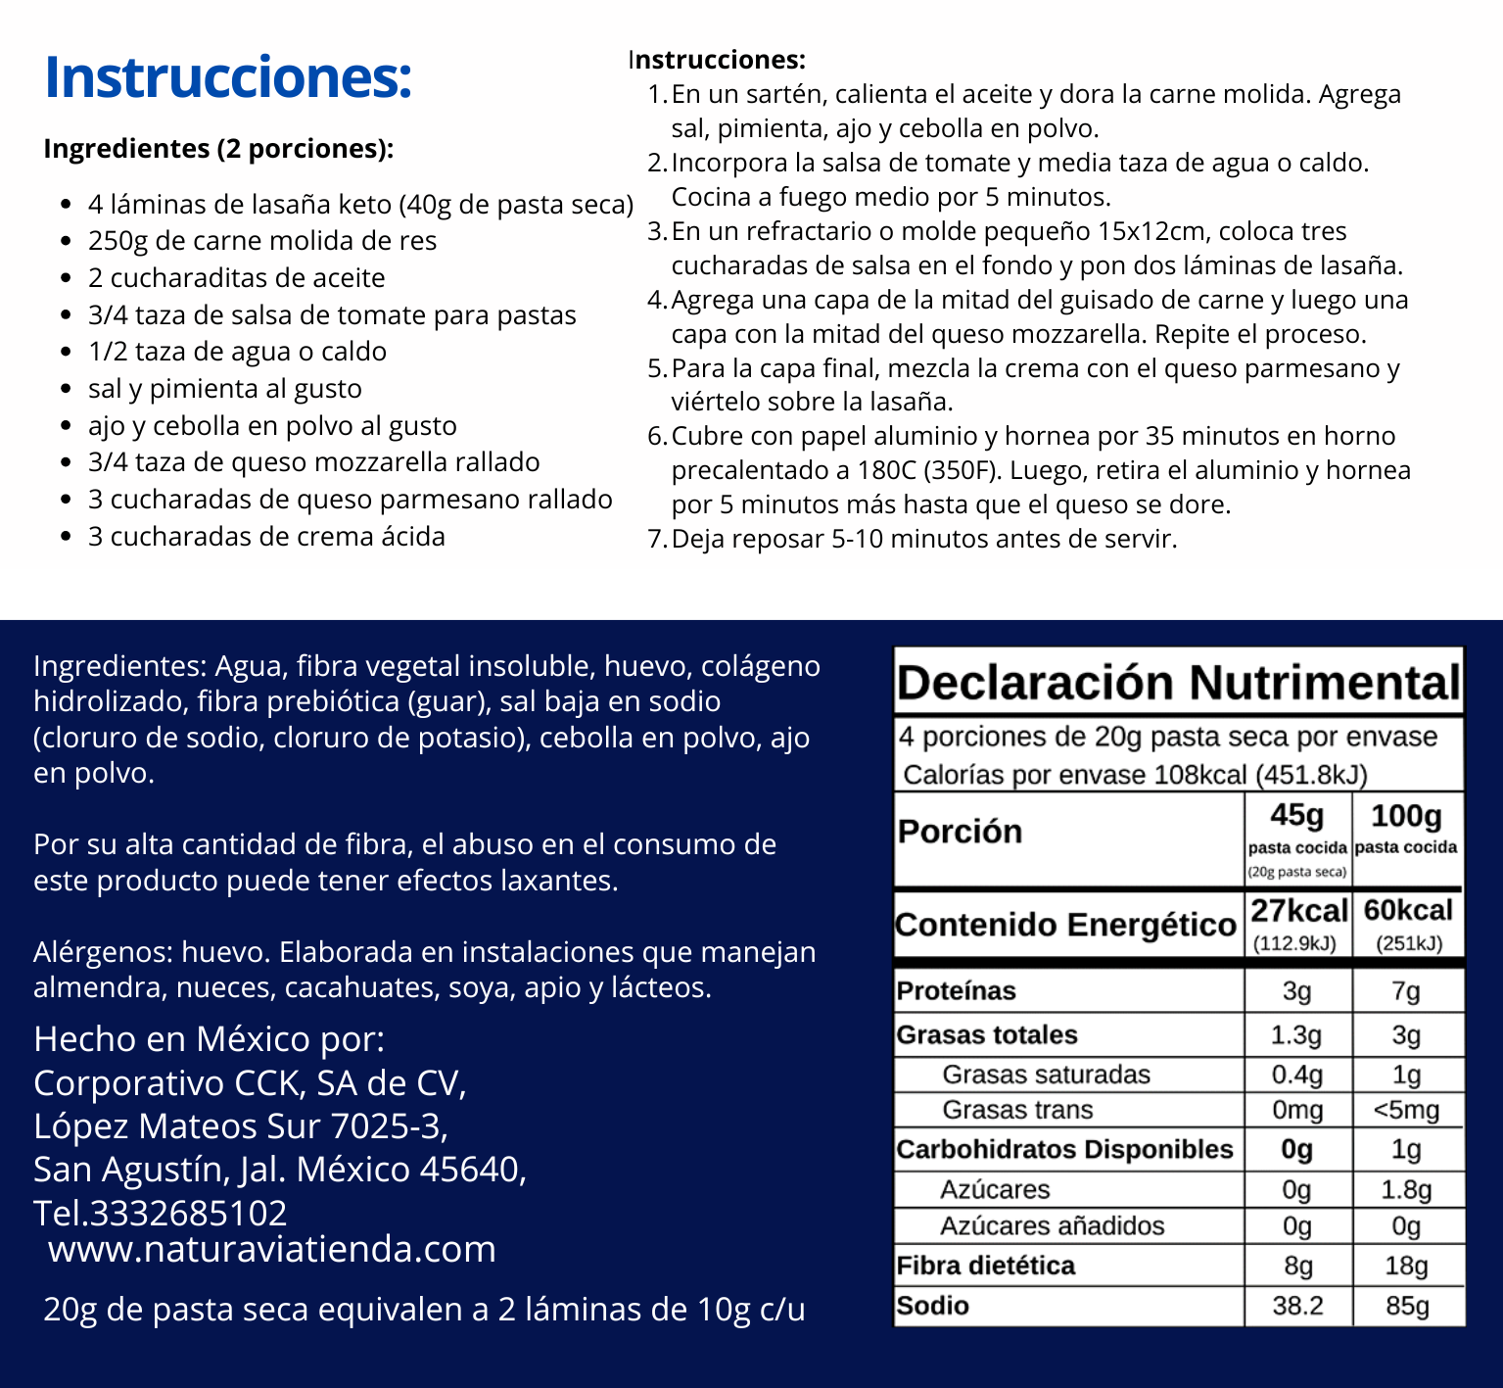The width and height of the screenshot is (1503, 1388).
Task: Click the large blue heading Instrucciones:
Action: [228, 77]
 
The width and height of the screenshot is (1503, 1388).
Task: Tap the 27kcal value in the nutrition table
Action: [1298, 911]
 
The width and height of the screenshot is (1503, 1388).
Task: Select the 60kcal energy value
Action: [1408, 911]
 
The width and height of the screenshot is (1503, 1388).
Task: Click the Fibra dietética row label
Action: [985, 1266]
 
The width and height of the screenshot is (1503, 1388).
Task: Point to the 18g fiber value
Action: [1406, 1266]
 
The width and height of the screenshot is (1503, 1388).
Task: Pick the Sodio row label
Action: [932, 1306]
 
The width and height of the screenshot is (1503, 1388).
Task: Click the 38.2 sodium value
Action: [1297, 1306]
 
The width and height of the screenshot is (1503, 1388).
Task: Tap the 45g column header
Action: [1296, 816]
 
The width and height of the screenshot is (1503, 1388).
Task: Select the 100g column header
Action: [1406, 816]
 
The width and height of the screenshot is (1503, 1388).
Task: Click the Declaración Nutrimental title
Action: [1178, 683]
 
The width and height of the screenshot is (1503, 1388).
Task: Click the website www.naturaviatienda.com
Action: [272, 1249]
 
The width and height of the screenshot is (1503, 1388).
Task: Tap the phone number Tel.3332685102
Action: [161, 1213]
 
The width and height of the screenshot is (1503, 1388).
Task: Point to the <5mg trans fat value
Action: [1406, 1111]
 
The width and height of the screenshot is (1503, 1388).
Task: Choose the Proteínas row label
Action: [956, 991]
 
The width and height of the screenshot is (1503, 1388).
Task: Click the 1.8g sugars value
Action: [1406, 1190]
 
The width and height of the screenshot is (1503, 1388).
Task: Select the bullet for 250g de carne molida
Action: [66, 242]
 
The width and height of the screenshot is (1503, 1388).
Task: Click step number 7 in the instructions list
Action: [657, 540]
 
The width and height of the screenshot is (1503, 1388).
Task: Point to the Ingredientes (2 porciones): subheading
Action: [218, 149]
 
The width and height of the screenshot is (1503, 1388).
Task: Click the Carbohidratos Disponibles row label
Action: [1064, 1150]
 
